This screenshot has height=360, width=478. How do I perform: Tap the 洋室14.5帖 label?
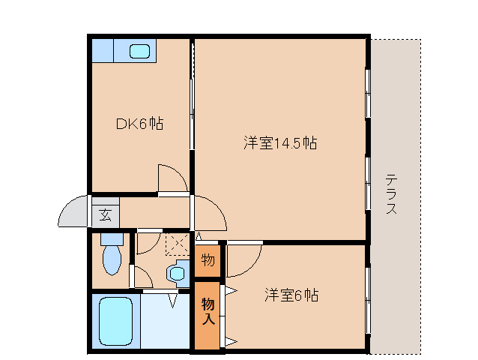click(279, 142)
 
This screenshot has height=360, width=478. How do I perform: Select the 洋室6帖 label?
click(291, 295)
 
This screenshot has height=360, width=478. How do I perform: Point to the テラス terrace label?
click(391, 195)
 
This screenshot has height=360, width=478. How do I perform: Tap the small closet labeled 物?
click(208, 261)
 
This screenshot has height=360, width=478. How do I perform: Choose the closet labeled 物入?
click(208, 311)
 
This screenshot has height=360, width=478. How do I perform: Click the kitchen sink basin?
click(139, 52)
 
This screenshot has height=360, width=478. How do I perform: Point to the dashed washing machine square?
click(177, 244)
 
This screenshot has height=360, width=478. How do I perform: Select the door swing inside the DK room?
click(172, 178)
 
